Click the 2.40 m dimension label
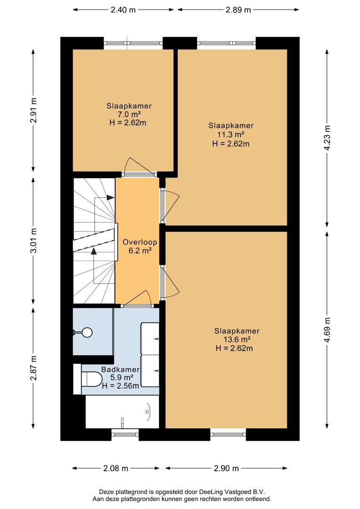tap(123, 10)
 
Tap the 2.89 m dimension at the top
tap(238, 10)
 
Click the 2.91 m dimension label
tap(33, 110)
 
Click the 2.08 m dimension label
tap(115, 468)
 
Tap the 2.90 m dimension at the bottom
tap(226, 468)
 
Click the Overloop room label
tap(139, 242)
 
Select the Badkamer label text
tap(121, 369)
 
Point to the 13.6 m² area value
tap(237, 339)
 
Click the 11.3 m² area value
tap(231, 134)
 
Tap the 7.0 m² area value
tap(129, 114)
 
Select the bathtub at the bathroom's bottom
tap(123, 411)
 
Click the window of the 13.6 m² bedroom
tap(228, 434)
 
